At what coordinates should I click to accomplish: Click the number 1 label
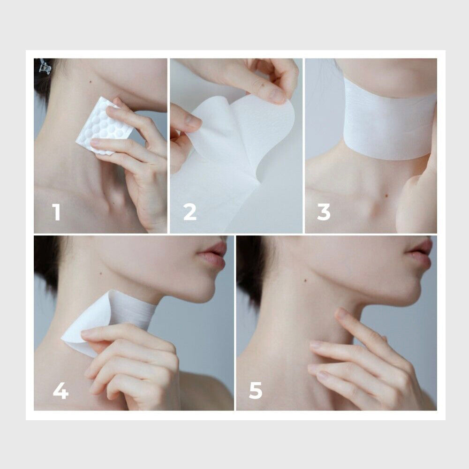coord(56,212)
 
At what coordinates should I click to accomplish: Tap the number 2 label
coord(189,212)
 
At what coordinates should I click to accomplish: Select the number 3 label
coord(324,212)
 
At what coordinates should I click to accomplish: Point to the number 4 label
coord(61,391)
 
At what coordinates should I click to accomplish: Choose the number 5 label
coord(256,391)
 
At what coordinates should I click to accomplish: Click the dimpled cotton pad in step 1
coord(104,126)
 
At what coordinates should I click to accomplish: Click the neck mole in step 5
coord(305,281)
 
